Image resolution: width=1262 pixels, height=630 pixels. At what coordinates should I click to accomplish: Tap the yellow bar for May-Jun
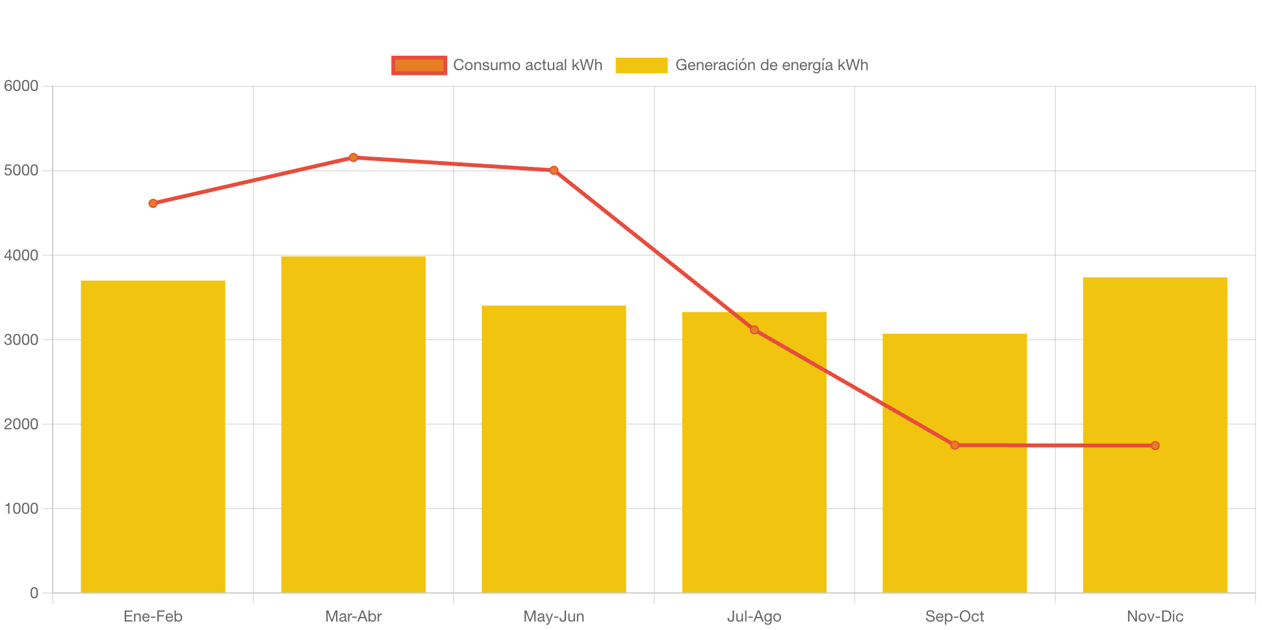[554, 449]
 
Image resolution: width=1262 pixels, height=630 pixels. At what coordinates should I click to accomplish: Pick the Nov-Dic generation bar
[1155, 435]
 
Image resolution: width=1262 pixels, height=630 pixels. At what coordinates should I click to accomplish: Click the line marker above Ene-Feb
[153, 203]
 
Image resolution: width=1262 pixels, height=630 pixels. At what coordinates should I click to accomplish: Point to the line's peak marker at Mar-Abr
[354, 157]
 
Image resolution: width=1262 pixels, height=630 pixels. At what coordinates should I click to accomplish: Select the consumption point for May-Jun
[554, 170]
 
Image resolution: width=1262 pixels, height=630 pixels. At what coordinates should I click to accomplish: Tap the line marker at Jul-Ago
[754, 330]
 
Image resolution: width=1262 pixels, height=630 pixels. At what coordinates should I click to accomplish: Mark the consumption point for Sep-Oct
[955, 445]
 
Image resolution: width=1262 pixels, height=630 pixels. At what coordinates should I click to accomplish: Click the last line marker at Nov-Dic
[1155, 446]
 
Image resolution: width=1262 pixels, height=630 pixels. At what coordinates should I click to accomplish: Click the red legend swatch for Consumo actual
[419, 65]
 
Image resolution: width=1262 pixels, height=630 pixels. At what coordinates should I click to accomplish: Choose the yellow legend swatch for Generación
[641, 65]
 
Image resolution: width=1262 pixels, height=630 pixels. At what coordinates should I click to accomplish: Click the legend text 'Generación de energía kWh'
[771, 65]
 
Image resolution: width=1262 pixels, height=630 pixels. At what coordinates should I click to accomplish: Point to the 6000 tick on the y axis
[21, 86]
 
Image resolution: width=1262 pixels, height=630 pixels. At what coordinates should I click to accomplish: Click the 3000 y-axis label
[21, 340]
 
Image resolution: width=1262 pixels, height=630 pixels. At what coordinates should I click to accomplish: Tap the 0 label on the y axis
[34, 593]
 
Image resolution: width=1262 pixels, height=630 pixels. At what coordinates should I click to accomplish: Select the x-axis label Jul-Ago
[754, 616]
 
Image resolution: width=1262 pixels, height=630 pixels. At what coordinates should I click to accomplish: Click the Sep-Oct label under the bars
[955, 616]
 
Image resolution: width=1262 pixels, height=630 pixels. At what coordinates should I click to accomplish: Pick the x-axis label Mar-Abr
[354, 616]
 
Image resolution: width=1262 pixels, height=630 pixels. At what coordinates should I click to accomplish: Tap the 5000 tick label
[21, 170]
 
